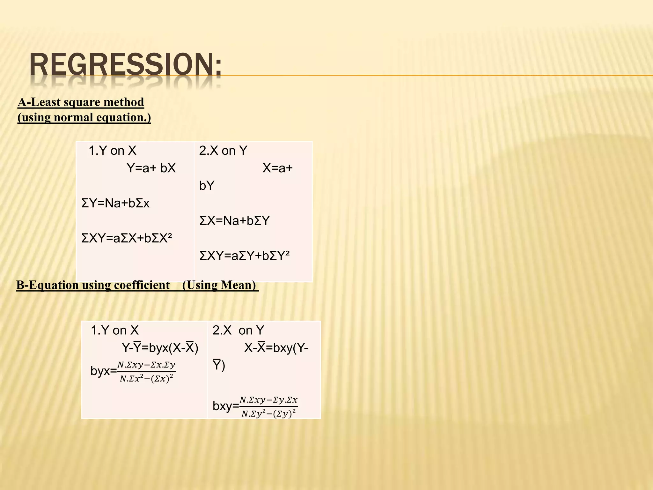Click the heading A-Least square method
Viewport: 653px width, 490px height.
81,102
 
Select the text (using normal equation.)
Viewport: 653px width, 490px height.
84,117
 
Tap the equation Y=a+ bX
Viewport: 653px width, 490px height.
151,168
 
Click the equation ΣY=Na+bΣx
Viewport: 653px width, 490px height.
115,203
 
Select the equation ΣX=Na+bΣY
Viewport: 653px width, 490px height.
234,221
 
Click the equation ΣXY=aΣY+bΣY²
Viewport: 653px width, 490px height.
245,256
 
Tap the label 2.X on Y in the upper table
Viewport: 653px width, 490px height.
223,151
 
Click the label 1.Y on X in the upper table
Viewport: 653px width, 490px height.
112,151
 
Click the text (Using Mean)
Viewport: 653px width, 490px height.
219,285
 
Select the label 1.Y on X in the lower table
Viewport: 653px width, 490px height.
114,330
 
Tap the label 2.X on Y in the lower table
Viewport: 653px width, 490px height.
238,330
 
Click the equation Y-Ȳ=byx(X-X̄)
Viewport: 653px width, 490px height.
160,348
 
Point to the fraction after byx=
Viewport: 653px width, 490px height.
146,372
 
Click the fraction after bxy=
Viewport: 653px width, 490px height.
268,407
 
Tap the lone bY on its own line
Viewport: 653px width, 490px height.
207,186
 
